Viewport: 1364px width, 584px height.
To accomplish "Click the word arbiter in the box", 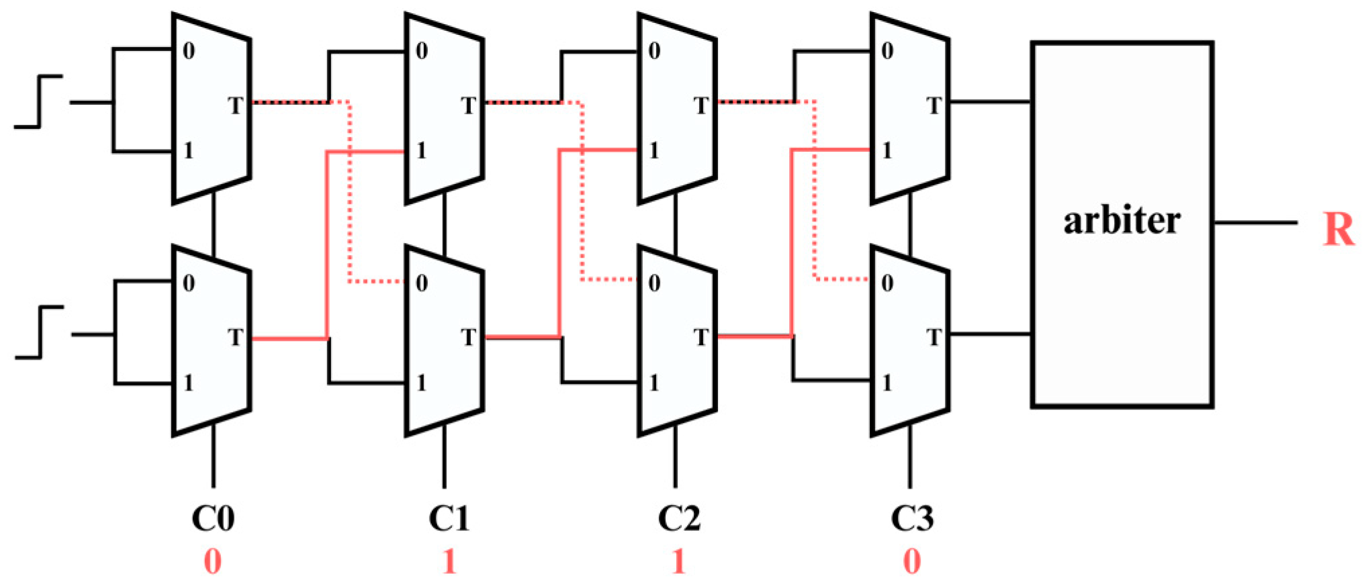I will [1122, 221].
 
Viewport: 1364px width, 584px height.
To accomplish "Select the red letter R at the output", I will [1338, 230].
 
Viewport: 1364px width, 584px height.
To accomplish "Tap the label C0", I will [213, 518].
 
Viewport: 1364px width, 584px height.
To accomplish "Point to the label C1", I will [449, 518].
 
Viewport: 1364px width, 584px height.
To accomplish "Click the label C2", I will [679, 518].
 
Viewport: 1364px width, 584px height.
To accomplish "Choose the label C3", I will [911, 518].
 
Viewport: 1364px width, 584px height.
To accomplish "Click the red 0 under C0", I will [212, 561].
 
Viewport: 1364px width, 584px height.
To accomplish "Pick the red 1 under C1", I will [449, 561].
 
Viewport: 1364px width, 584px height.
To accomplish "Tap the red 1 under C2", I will [679, 561].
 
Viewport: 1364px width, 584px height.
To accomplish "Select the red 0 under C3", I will [911, 561].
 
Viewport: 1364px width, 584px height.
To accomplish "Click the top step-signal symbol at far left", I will [39, 101].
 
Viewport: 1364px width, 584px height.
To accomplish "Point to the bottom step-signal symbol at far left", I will [39, 332].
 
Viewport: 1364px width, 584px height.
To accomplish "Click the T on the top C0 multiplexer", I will [235, 105].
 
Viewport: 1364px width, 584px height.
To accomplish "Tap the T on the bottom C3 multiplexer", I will [934, 337].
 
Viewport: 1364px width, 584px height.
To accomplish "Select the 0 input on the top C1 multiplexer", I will [422, 51].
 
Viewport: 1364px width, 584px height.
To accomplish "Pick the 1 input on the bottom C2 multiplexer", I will [654, 383].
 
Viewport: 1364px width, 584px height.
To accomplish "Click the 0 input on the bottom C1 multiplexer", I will [422, 283].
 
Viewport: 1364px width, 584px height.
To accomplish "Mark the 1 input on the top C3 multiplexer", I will [887, 150].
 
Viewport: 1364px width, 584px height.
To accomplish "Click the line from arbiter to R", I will [1255, 222].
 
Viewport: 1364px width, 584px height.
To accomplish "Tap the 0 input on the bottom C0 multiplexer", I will [189, 283].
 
